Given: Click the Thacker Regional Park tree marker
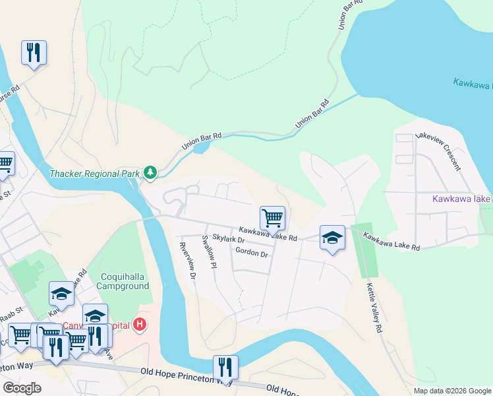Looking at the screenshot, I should coord(151,173).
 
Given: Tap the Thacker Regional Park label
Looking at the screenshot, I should coord(95,174).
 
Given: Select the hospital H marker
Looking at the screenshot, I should coord(140,324).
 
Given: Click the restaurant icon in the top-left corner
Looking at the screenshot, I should coord(34,52).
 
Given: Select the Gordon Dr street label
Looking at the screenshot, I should coord(251,253).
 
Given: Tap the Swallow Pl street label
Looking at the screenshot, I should coord(209,252).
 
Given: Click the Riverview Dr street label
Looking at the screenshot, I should coord(188,261).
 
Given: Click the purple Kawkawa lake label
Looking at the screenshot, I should coord(461,199).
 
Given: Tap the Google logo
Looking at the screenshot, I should coord(22,388).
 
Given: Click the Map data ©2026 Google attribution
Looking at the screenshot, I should coord(451,391).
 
